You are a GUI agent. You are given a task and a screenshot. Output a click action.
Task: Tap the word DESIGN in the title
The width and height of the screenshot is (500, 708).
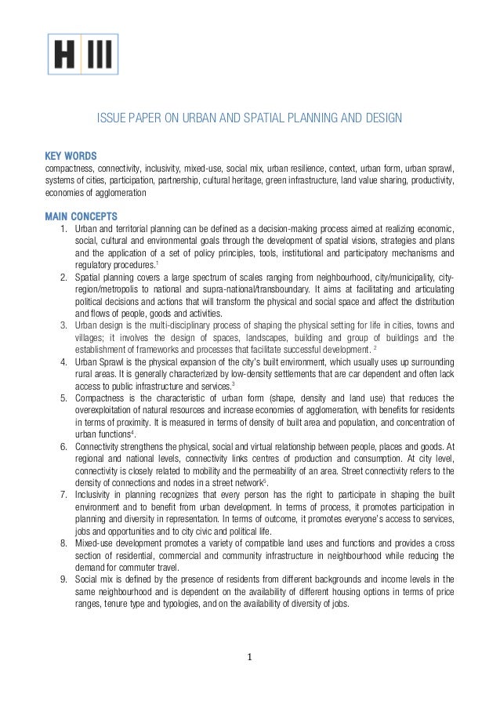pyautogui.click(x=382, y=118)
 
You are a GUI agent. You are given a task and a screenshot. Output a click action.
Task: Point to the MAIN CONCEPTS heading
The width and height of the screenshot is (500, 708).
pyautogui.click(x=82, y=216)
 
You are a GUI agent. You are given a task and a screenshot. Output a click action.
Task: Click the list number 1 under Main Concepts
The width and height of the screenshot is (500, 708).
pyautogui.click(x=62, y=228)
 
